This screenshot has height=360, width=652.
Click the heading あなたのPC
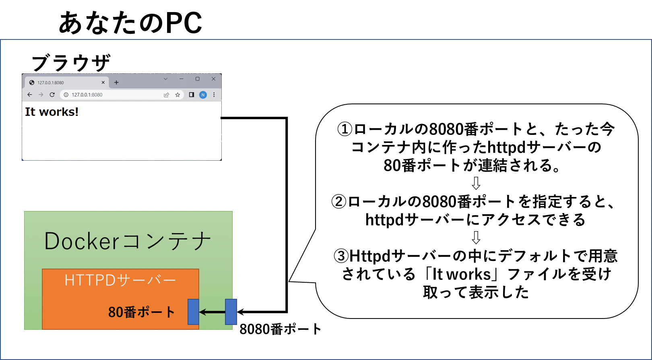(130, 23)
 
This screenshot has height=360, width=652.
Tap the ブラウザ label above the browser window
(71, 63)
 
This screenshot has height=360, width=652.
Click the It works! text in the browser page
(52, 112)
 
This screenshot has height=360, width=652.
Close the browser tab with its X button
(103, 83)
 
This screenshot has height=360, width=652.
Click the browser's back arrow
(30, 95)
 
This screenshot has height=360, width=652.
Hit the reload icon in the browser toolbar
(52, 95)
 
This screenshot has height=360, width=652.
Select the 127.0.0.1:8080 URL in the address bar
(87, 95)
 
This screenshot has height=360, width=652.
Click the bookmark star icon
(177, 95)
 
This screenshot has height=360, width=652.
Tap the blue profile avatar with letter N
(203, 95)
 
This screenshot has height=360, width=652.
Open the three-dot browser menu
(214, 95)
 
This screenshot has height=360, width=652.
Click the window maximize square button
(197, 79)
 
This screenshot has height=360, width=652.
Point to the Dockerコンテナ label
(128, 241)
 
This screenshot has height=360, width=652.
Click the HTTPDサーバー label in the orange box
(120, 280)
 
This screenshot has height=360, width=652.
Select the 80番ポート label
(141, 312)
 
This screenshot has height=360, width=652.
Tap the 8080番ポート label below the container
(280, 329)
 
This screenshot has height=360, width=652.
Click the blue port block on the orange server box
(193, 312)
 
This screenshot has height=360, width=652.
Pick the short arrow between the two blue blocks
(212, 312)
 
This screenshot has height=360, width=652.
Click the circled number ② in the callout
(339, 202)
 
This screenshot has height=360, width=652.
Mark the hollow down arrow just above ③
(476, 237)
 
